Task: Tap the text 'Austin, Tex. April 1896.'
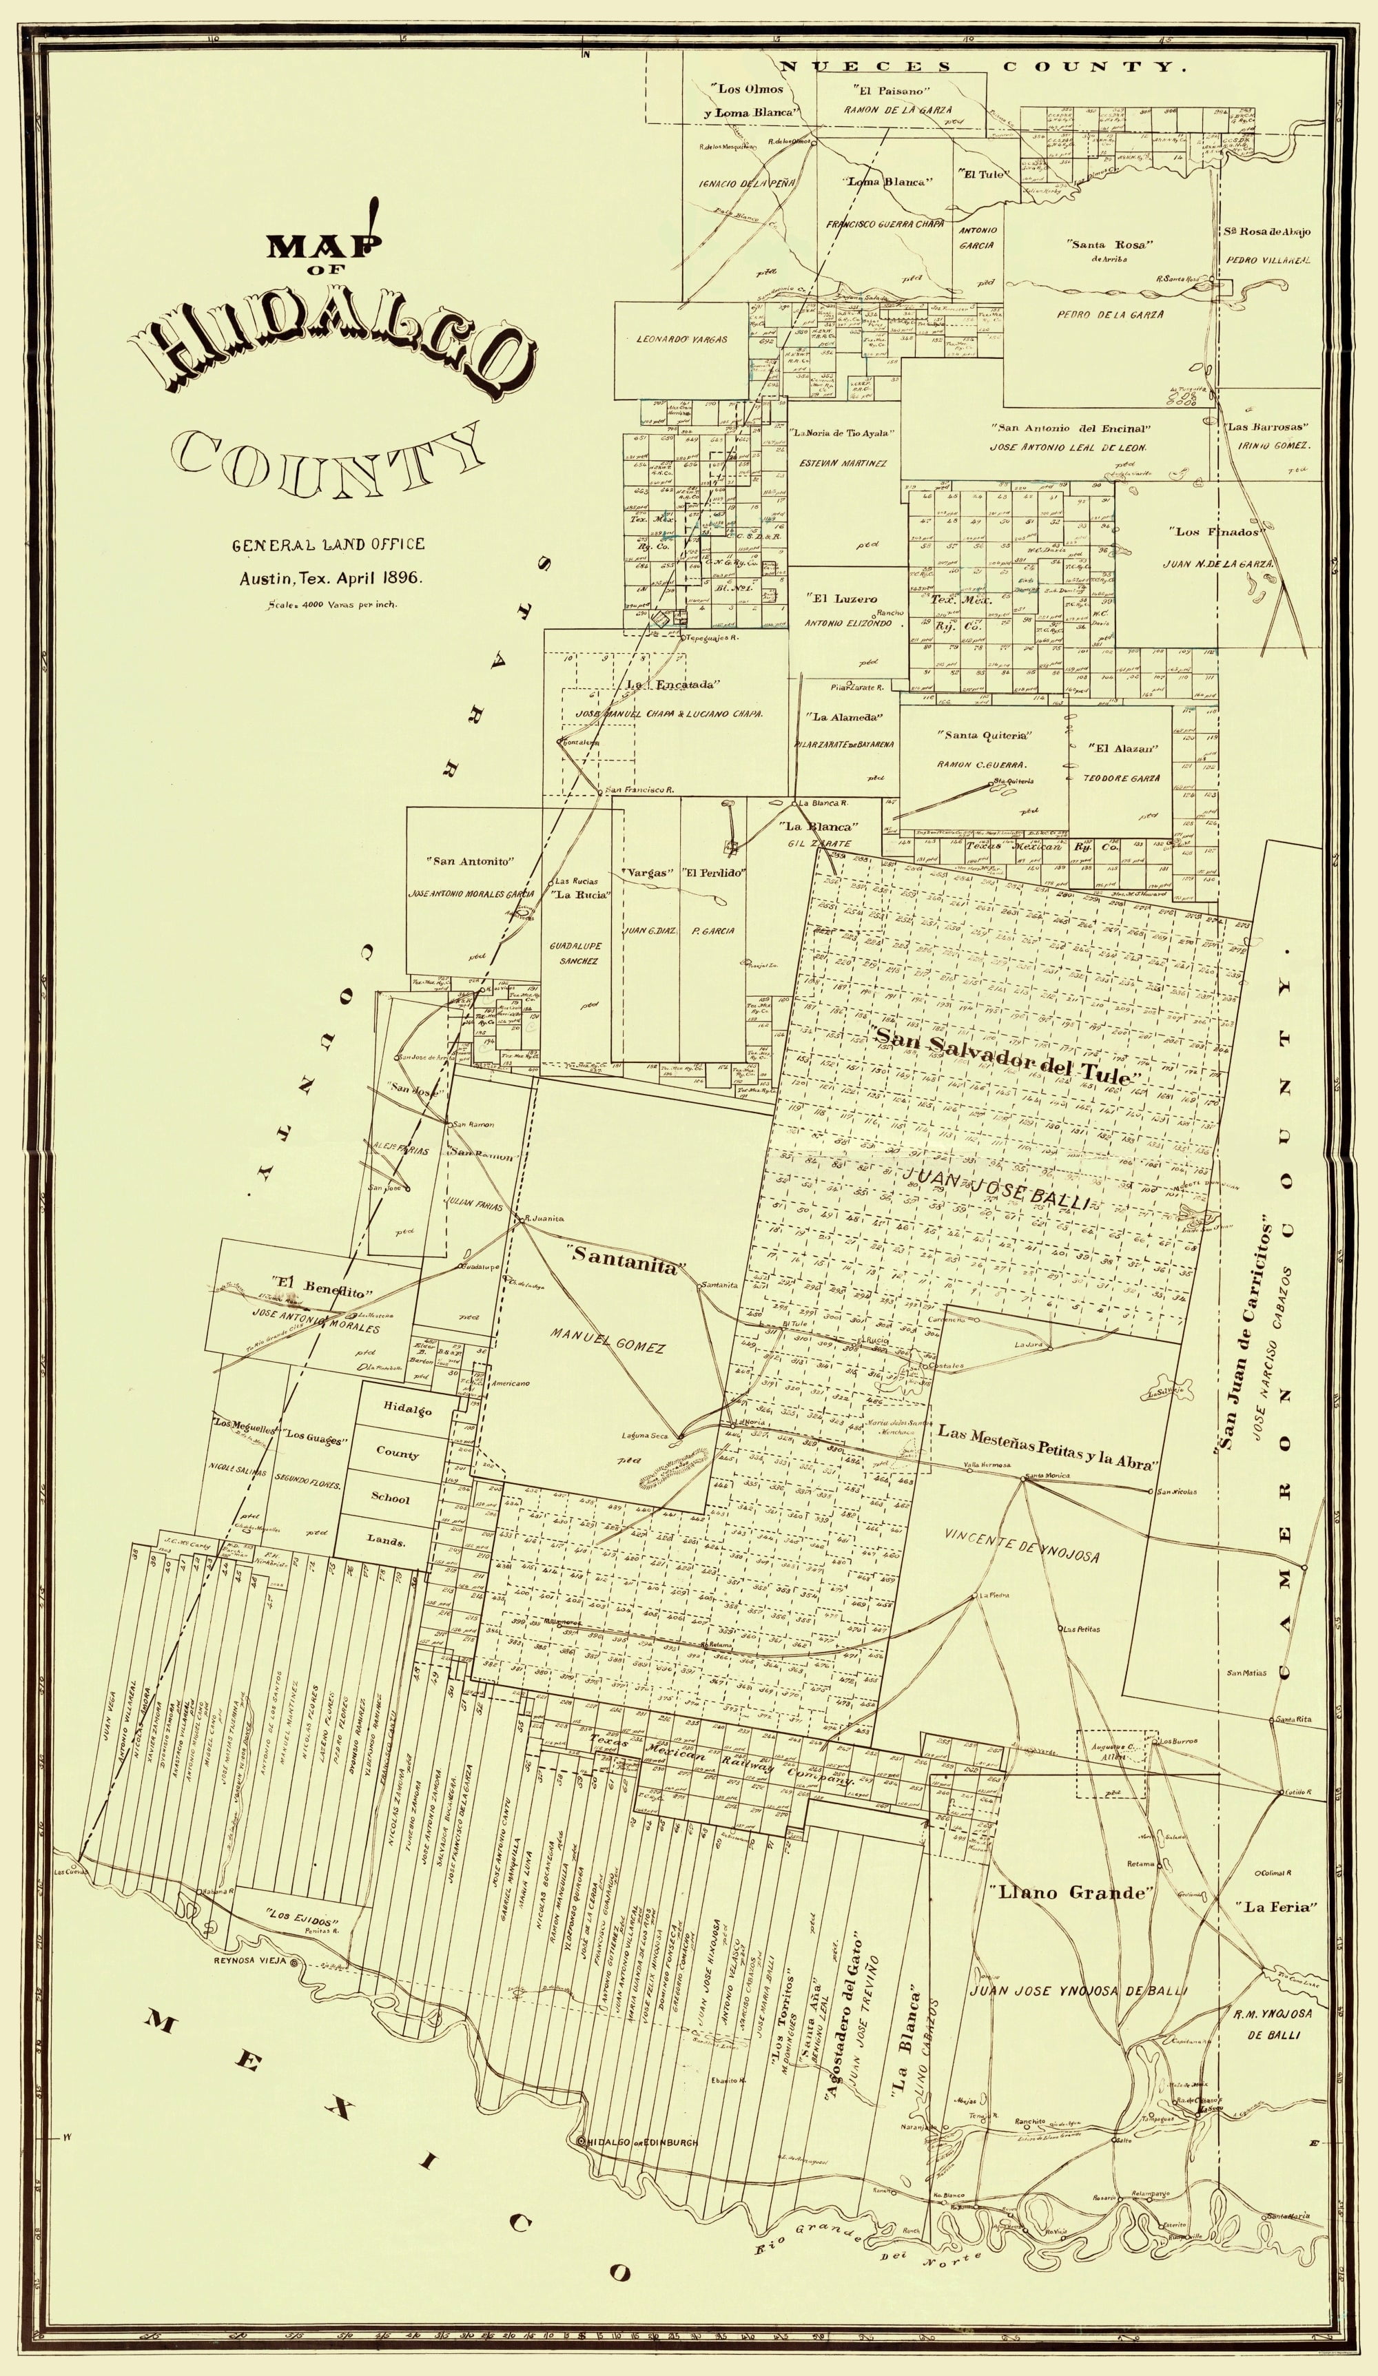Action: click(329, 578)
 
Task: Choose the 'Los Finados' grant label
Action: click(1217, 532)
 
